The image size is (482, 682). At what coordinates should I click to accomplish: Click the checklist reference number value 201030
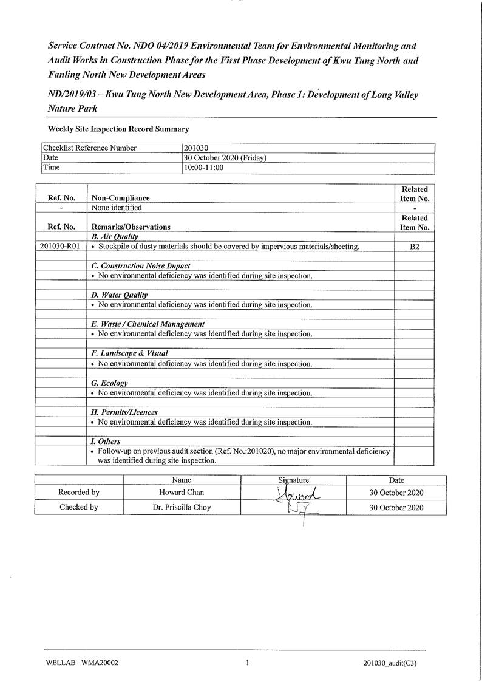pyautogui.click(x=196, y=148)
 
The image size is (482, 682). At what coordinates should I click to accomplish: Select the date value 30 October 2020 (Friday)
pyautogui.click(x=225, y=158)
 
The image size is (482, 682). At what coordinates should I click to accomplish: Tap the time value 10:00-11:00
pyautogui.click(x=203, y=168)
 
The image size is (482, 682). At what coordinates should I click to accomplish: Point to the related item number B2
pyautogui.click(x=415, y=247)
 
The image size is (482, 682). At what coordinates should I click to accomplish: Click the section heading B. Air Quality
pyautogui.click(x=115, y=236)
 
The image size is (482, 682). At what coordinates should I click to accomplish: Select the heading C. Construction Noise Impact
pyautogui.click(x=140, y=266)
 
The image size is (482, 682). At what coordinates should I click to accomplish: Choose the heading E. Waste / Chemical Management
pyautogui.click(x=148, y=324)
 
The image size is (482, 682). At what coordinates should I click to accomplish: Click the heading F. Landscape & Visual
pyautogui.click(x=129, y=353)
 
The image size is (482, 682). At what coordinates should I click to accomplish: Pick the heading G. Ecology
pyautogui.click(x=109, y=383)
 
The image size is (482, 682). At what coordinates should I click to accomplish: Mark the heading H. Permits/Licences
pyautogui.click(x=124, y=412)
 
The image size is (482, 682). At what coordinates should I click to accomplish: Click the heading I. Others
pyautogui.click(x=106, y=442)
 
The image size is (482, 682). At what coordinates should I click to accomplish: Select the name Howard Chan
pyautogui.click(x=182, y=493)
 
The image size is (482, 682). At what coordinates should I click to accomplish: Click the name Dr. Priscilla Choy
pyautogui.click(x=182, y=508)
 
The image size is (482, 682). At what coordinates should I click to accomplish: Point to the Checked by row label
pyautogui.click(x=78, y=508)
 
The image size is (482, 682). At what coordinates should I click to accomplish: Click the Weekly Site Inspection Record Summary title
pyautogui.click(x=118, y=129)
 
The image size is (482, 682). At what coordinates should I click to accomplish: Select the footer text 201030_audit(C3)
pyautogui.click(x=386, y=663)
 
